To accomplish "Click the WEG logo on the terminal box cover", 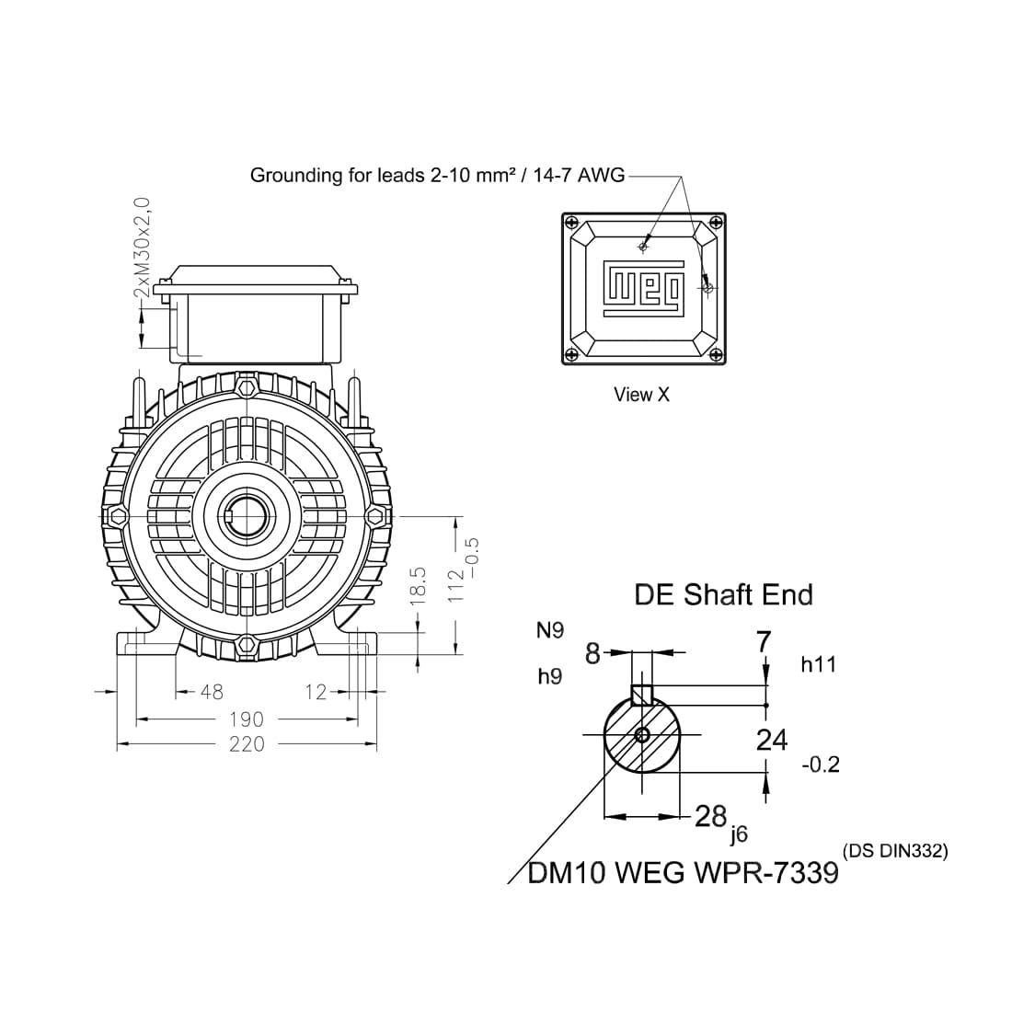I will coord(644,288).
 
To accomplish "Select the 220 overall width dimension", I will coord(247,744).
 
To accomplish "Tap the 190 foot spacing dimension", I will coord(247,719).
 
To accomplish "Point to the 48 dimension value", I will coord(212,692).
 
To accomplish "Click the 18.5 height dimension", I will coord(418,585).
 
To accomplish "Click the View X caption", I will coord(642,395).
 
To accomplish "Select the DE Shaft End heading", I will coord(723,594).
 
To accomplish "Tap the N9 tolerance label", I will coord(549,630).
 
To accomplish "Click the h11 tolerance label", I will coord(818,664).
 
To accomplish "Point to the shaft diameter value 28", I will coord(710,815).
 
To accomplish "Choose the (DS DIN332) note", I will coord(894,851).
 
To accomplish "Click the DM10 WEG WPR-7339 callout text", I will coord(684,872).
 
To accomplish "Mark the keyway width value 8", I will coord(592,654).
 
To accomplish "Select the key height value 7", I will coord(763,641).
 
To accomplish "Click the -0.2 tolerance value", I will coord(821,765).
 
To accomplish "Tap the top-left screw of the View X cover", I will coord(572,224).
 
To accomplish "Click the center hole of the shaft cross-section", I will coord(642,734).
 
